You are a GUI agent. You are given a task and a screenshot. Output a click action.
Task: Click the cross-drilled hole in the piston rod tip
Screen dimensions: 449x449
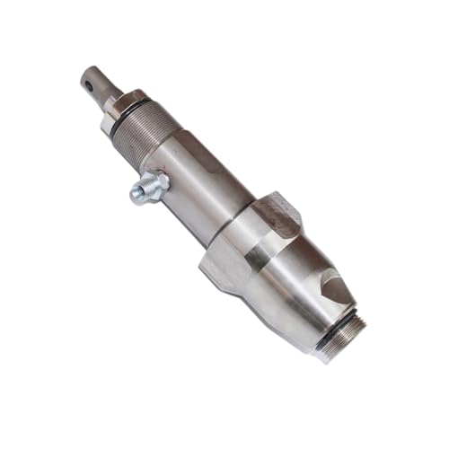90,86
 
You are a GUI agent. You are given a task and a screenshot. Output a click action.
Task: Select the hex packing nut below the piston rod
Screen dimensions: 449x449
123,104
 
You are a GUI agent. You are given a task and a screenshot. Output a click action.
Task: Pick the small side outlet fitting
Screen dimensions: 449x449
147,188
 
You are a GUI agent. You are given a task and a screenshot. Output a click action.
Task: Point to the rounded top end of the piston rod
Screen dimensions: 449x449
87,74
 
